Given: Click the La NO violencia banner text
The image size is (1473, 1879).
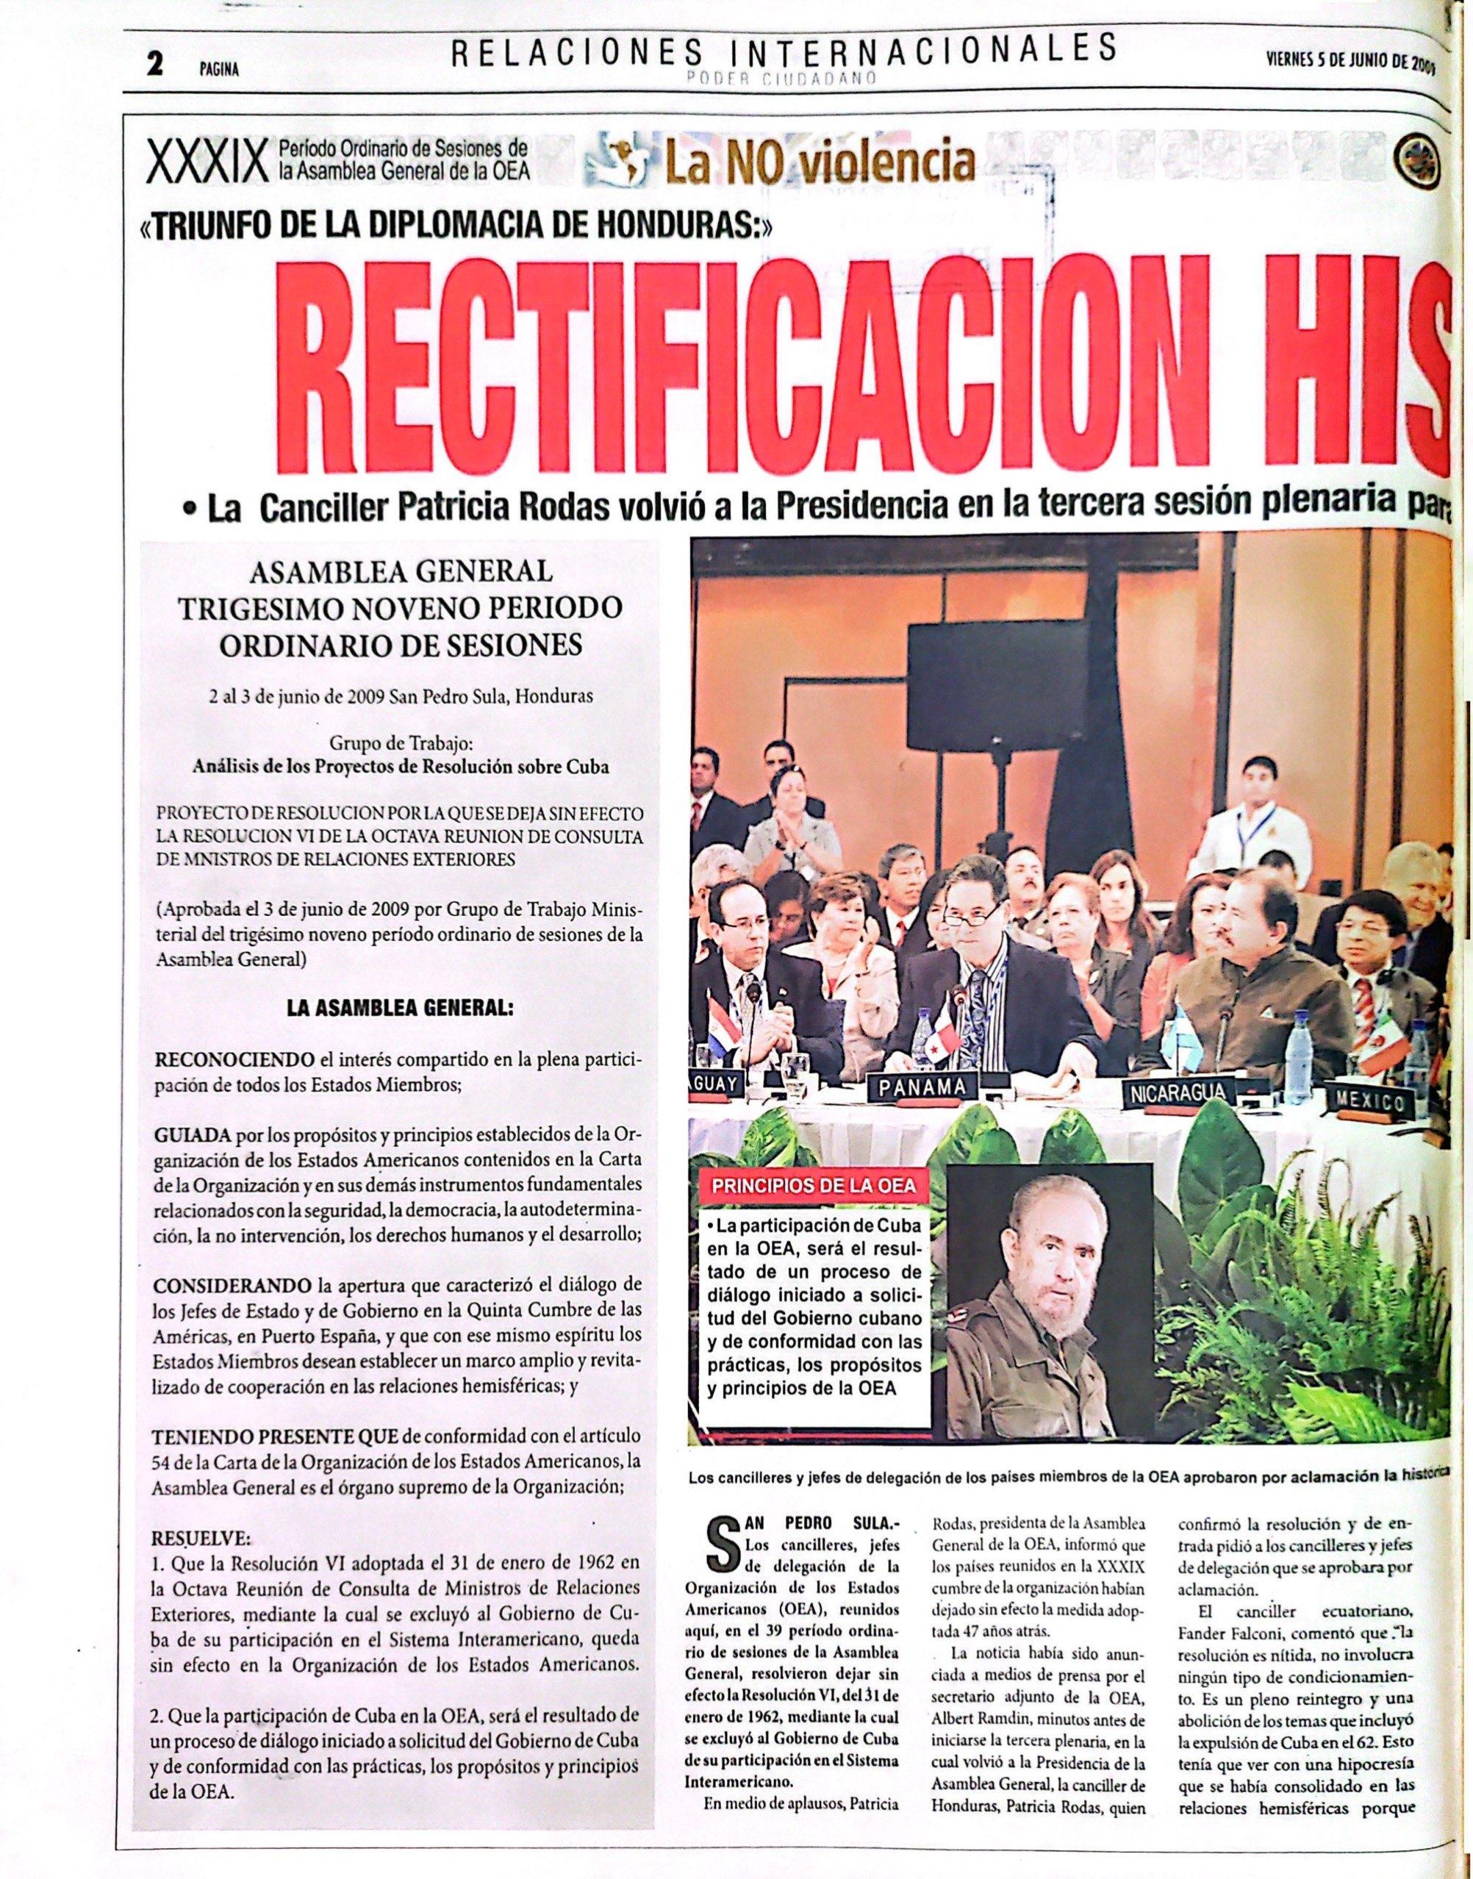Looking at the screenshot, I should (817, 160).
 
